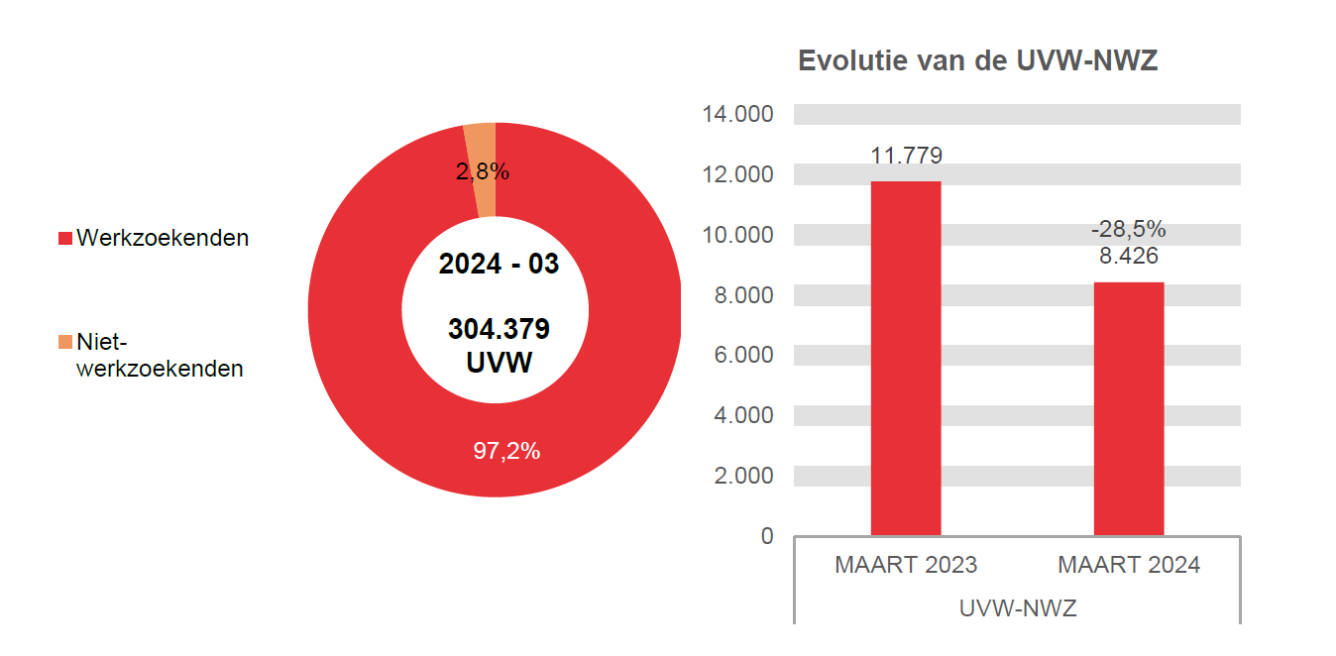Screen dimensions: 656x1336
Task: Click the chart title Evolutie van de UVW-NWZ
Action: pyautogui.click(x=978, y=61)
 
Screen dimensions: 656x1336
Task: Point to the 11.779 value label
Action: pyautogui.click(x=906, y=156)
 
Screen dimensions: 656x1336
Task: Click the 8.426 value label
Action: pyautogui.click(x=1129, y=256)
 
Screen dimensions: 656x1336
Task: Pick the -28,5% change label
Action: pyautogui.click(x=1129, y=230)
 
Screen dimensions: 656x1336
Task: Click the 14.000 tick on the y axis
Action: pyautogui.click(x=737, y=114)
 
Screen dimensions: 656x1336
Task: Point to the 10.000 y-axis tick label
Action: pyautogui.click(x=737, y=235)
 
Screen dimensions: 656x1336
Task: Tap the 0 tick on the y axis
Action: pyautogui.click(x=766, y=536)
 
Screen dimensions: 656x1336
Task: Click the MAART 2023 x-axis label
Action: pyautogui.click(x=906, y=565)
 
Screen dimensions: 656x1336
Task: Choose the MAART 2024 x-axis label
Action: pyautogui.click(x=1129, y=565)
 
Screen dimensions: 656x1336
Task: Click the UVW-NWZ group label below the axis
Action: pyautogui.click(x=1018, y=608)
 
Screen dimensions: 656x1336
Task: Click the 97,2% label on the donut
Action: pyautogui.click(x=505, y=452)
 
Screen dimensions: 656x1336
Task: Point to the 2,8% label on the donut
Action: pyautogui.click(x=483, y=172)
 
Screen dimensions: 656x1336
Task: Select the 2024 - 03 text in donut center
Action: pyautogui.click(x=499, y=265)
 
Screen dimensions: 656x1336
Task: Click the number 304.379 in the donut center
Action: pyautogui.click(x=499, y=328)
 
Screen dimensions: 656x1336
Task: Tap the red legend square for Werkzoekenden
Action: pyautogui.click(x=65, y=239)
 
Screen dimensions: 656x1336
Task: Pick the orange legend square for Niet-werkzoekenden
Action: pyautogui.click(x=65, y=342)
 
